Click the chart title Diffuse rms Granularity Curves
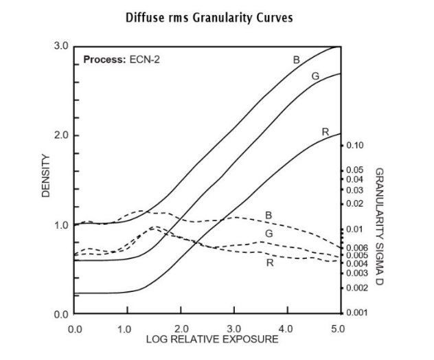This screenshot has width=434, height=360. [x=209, y=17]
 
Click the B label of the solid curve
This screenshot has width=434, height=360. [x=297, y=60]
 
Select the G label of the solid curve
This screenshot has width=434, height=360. [x=315, y=76]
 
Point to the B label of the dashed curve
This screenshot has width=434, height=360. [x=269, y=216]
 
